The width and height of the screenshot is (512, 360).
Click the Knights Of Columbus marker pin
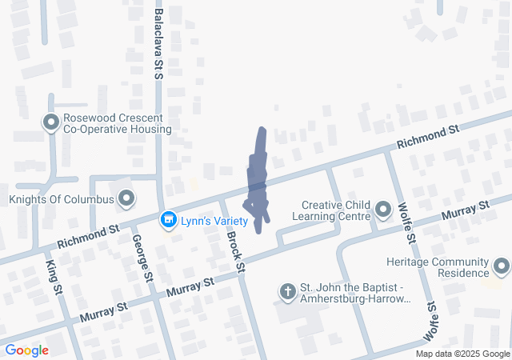click(x=126, y=198)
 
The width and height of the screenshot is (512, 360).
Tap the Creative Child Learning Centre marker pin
click(x=383, y=210)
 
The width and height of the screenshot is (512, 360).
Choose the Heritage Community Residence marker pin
click(x=502, y=267)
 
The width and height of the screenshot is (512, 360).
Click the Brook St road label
click(x=234, y=246)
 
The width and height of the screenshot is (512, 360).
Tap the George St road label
click(x=142, y=256)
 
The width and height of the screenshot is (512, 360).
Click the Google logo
click(x=26, y=350)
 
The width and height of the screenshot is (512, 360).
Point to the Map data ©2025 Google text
click(x=462, y=354)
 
